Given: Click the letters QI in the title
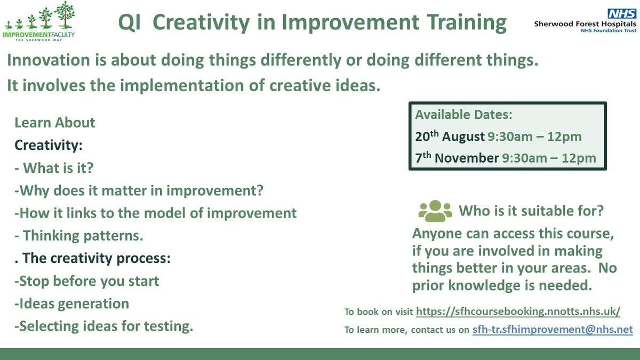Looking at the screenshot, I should tap(130, 23).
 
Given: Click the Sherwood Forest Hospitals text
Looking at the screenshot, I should tap(585, 24).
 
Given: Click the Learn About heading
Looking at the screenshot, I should tap(54, 123).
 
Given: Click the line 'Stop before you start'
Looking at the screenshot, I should tap(89, 281).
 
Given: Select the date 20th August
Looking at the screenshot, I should tap(450, 137).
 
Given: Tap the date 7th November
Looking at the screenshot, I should tap(456, 158).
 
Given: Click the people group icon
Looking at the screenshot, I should tap(435, 211).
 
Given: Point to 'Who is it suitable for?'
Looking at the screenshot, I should tap(531, 211).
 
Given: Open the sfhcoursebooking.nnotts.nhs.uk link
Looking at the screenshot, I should tap(518, 312).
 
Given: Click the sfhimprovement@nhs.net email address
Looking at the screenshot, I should tap(553, 330).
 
